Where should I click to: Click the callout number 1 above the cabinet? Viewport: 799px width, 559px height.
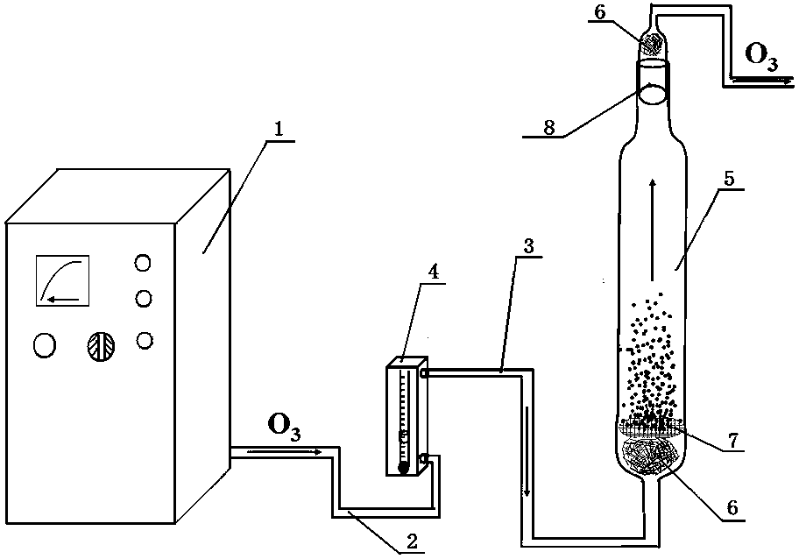(x=279, y=129)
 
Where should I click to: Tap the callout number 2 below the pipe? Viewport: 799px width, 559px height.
(x=408, y=543)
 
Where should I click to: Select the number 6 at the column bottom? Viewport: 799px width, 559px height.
(x=730, y=507)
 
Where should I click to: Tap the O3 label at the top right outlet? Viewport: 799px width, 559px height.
(x=760, y=55)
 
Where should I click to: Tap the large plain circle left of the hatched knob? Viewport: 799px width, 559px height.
(x=43, y=346)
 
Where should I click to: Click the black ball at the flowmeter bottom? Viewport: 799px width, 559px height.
(x=402, y=467)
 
